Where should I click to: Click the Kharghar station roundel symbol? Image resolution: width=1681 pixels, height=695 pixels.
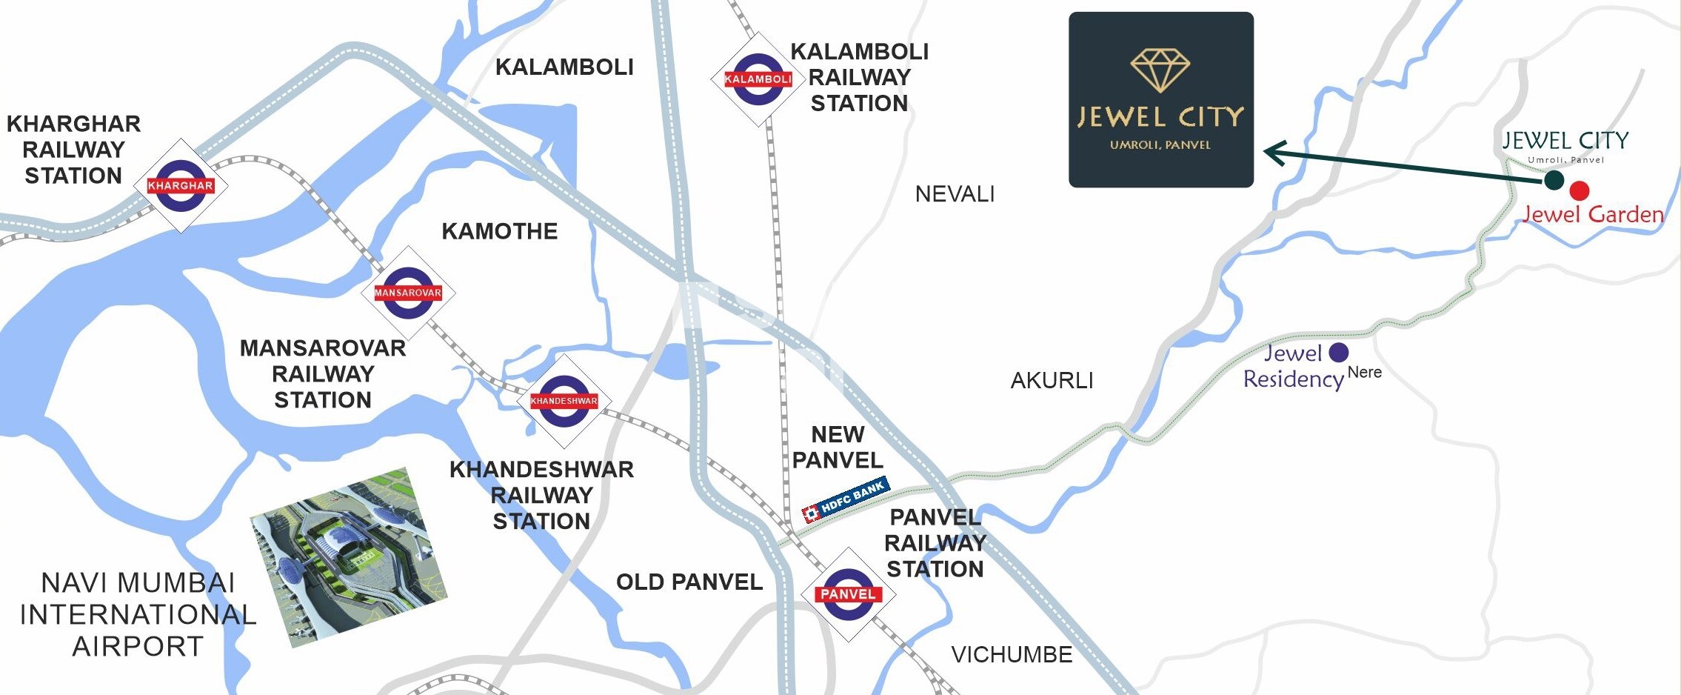[x=181, y=185]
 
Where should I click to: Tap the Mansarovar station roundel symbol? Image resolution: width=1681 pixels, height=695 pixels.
[x=408, y=293]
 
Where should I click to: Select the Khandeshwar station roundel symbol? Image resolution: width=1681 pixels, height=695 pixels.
[x=564, y=401]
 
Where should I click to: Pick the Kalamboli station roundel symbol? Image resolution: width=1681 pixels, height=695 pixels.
[x=758, y=79]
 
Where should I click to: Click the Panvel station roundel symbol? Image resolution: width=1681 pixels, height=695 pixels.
[x=848, y=594]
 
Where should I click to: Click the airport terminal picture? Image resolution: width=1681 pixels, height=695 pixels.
[x=348, y=557]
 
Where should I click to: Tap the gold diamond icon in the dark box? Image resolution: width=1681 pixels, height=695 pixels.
[x=1160, y=70]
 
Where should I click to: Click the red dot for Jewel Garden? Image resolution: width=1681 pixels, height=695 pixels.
[x=1580, y=190]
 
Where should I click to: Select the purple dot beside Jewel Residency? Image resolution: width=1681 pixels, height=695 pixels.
[x=1339, y=352]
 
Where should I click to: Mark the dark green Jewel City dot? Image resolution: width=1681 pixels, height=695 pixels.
[x=1554, y=179]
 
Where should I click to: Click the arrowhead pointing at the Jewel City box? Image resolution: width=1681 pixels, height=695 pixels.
[x=1275, y=153]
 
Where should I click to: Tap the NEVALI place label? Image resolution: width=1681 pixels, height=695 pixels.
[x=955, y=194]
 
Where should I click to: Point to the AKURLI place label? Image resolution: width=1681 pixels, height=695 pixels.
[x=1052, y=381]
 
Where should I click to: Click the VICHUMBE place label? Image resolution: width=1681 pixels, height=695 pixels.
[x=1012, y=655]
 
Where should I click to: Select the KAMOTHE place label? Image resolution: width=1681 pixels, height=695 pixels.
[x=499, y=231]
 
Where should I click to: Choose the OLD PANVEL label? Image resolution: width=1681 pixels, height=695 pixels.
[x=689, y=582]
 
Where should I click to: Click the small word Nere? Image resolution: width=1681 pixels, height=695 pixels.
[x=1364, y=373]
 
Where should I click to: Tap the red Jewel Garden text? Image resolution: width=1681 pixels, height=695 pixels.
[x=1593, y=215]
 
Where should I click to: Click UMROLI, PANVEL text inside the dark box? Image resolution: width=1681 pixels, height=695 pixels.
[x=1160, y=145]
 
